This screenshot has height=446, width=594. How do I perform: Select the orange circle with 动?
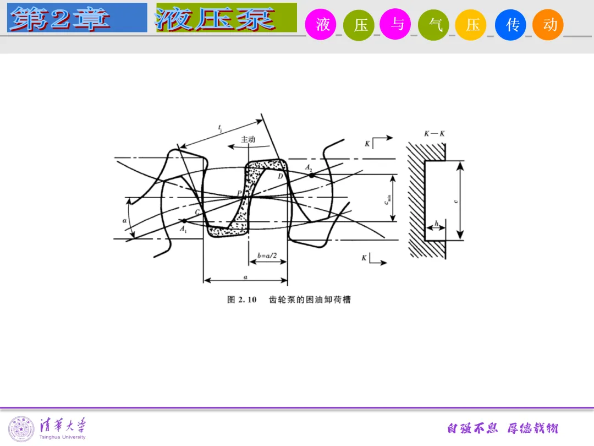548,25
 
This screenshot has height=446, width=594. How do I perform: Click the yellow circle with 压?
472,25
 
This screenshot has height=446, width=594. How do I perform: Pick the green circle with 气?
434,25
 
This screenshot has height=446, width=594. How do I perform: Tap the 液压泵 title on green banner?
216,18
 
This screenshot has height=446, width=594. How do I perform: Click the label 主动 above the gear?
248,140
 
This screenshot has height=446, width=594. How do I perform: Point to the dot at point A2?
312,175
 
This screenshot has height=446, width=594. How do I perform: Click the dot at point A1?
184,221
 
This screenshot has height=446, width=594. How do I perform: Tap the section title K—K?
434,134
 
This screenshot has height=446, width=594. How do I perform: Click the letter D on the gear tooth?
280,176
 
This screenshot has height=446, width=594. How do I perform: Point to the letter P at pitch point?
240,193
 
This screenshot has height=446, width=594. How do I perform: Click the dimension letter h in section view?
436,223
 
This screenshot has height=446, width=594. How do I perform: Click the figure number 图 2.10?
242,300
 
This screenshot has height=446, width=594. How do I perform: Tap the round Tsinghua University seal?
21,428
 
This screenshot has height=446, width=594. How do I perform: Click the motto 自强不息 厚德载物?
502,428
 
